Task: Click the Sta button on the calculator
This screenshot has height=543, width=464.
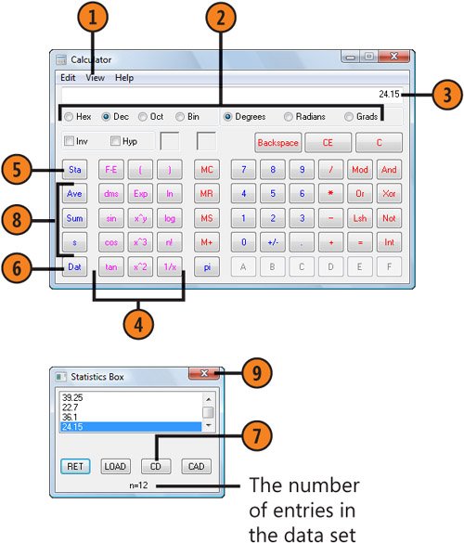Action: point(75,170)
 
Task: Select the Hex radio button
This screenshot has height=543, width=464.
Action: point(69,117)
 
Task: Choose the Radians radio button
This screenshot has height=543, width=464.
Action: point(288,117)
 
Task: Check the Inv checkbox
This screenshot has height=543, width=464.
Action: point(70,141)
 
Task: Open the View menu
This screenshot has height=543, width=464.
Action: point(96,78)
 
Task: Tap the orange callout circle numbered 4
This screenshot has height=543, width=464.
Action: point(138,325)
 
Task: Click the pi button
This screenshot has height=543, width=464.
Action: point(207,267)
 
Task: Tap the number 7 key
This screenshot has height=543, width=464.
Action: point(243,170)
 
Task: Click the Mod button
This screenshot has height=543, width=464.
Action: point(360,170)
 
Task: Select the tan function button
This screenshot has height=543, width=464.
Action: point(111,267)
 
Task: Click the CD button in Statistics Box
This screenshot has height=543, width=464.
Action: point(156,467)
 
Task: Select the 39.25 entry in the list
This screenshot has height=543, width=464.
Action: point(72,397)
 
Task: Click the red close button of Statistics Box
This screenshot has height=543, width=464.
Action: point(204,373)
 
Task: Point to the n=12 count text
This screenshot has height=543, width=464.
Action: point(138,485)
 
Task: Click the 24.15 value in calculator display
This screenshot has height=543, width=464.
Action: point(389,94)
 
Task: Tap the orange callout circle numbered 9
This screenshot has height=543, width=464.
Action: point(256,373)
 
